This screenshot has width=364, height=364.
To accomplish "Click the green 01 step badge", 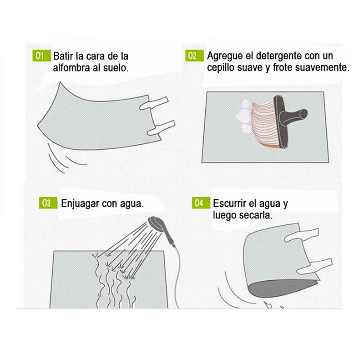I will pyautogui.click(x=40, y=56).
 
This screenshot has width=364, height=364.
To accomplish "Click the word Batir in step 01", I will pyautogui.click(x=63, y=56).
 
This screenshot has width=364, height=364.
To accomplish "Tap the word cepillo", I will pyautogui.click(x=222, y=68).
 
